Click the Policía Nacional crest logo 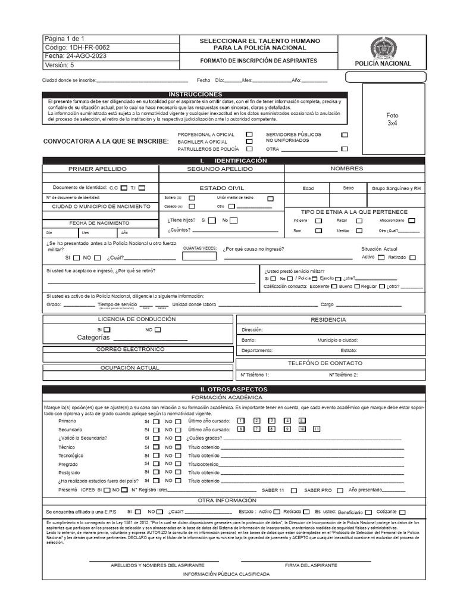pyautogui.click(x=382, y=48)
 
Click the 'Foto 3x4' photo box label pyautogui.click(x=392, y=119)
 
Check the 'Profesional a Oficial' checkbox pyautogui.click(x=249, y=135)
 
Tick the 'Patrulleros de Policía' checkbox pyautogui.click(x=249, y=149)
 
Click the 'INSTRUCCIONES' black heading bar pyautogui.click(x=195, y=95)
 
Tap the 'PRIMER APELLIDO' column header pyautogui.click(x=98, y=169)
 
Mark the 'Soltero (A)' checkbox pyautogui.click(x=192, y=198)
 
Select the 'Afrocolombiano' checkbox pyautogui.click(x=412, y=220)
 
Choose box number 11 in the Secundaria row pyautogui.click(x=317, y=429)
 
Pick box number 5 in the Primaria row pyautogui.click(x=302, y=421)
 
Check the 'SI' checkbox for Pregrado pyautogui.click(x=156, y=464)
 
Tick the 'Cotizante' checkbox pyautogui.click(x=403, y=512)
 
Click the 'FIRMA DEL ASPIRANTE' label pyautogui.click(x=311, y=565)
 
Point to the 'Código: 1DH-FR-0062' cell pyautogui.click(x=77, y=47)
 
